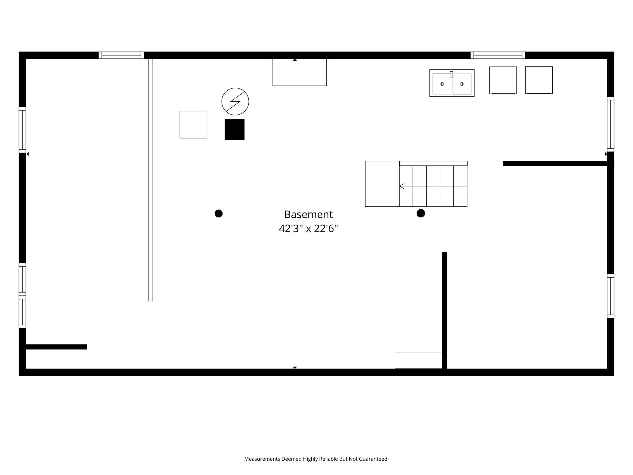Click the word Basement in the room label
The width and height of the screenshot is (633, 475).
click(x=308, y=214)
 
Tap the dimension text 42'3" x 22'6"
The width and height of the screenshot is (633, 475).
click(x=308, y=228)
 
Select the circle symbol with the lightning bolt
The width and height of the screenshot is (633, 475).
click(x=235, y=101)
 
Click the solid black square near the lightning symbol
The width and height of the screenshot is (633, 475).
click(x=235, y=129)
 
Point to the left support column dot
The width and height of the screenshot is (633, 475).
click(x=219, y=213)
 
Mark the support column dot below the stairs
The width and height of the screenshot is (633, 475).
click(x=421, y=213)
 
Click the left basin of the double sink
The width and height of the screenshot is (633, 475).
click(x=442, y=84)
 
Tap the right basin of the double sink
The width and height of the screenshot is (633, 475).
click(x=462, y=84)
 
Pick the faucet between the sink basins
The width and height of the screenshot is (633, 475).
click(x=451, y=75)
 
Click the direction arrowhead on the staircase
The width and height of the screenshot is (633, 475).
click(x=402, y=186)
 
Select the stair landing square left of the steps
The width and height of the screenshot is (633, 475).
click(x=382, y=184)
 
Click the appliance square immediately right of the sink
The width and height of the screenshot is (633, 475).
click(x=503, y=80)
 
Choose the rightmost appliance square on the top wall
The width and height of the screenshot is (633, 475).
click(x=539, y=80)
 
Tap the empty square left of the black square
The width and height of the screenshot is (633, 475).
click(x=194, y=125)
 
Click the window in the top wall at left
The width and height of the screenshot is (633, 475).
click(x=121, y=55)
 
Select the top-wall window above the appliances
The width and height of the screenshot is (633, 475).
click(x=498, y=55)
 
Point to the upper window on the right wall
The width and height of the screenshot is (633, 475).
click(x=610, y=124)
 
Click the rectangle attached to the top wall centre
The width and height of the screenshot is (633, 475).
click(x=299, y=72)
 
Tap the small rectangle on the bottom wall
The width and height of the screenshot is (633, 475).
click(x=419, y=361)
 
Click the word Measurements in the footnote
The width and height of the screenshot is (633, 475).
click(x=262, y=459)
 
